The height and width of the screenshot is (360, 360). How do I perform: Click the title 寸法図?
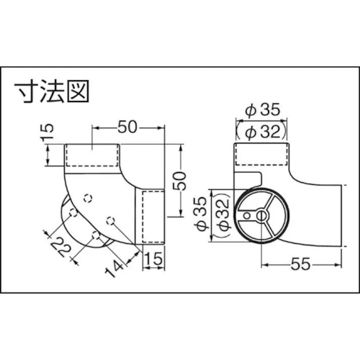(52, 92)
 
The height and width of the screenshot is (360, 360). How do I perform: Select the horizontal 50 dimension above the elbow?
(128, 127)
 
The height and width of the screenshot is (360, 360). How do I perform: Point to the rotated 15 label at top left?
(46, 133)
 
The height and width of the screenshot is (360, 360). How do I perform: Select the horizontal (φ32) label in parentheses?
(262, 132)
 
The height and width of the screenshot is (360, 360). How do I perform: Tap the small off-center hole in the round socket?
(246, 216)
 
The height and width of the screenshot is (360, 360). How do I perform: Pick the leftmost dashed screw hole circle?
(73, 214)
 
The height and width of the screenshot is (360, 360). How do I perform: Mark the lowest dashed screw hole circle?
(95, 235)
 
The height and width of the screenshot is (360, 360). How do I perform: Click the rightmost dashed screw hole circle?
(111, 219)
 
